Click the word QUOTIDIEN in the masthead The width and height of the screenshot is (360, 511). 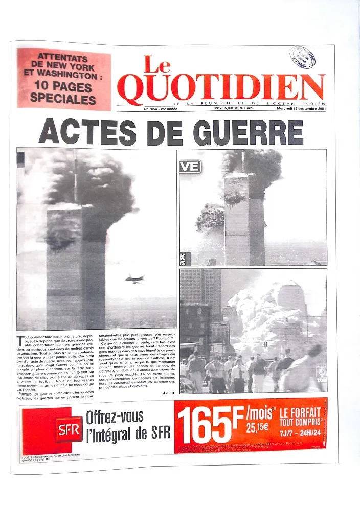(x=221, y=87)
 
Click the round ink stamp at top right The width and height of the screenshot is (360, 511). (x=302, y=57)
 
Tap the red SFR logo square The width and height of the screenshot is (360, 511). (x=69, y=429)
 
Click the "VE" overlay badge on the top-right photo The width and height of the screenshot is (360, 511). (x=190, y=166)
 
